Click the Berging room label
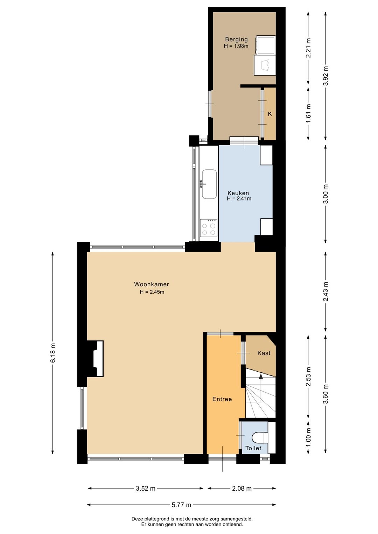tap(236, 39)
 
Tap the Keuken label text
tap(238, 193)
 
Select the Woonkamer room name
tap(152, 284)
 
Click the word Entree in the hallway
tap(222, 399)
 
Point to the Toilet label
tap(253, 448)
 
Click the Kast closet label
tap(264, 353)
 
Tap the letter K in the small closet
tap(270, 114)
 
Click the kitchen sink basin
tap(209, 184)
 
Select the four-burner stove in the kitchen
tap(209, 228)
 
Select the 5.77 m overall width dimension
tap(181, 505)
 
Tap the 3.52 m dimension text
tap(146, 489)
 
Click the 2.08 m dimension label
tap(242, 489)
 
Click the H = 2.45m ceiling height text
tap(152, 292)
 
